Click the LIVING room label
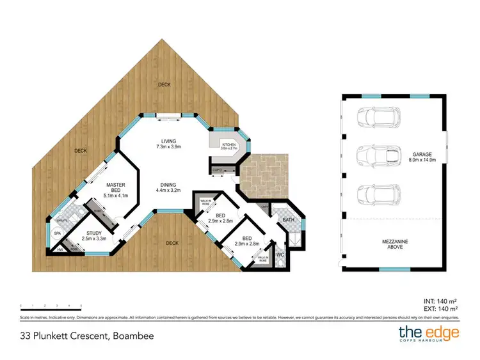pyautogui.click(x=169, y=141)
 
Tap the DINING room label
pyautogui.click(x=169, y=185)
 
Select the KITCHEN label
pyautogui.click(x=228, y=145)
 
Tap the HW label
pyautogui.click(x=60, y=249)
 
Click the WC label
pyautogui.click(x=280, y=254)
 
